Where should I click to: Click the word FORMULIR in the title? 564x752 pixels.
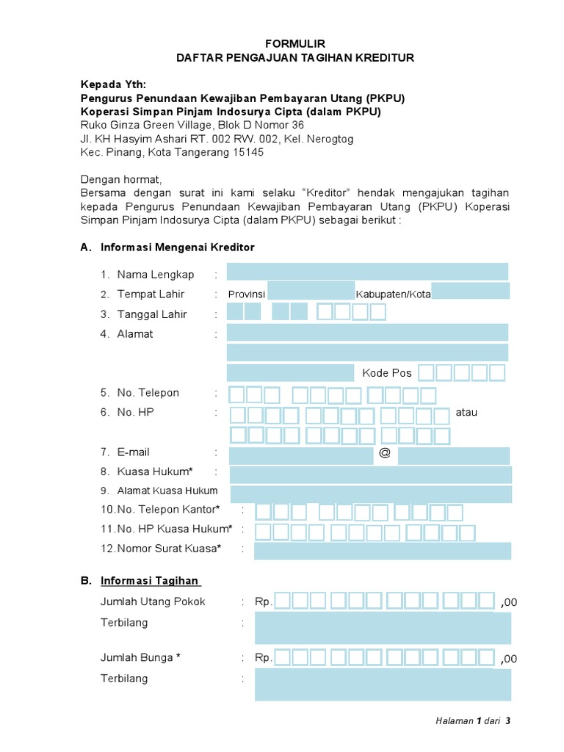click(x=294, y=43)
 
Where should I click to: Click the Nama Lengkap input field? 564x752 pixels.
click(x=367, y=272)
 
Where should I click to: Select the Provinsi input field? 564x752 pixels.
click(x=311, y=291)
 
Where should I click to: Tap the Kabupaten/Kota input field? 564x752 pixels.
click(x=470, y=291)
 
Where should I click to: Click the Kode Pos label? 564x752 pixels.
click(x=387, y=373)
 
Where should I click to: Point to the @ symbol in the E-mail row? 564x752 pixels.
click(x=384, y=452)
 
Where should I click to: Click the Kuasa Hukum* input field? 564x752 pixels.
click(x=371, y=474)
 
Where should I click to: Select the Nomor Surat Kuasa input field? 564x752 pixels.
click(x=383, y=551)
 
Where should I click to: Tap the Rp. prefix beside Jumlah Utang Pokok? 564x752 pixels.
click(x=264, y=601)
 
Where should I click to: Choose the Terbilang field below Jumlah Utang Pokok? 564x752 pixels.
click(x=383, y=629)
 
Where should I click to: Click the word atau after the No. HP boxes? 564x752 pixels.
click(x=466, y=412)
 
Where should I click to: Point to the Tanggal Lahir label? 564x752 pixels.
click(x=152, y=314)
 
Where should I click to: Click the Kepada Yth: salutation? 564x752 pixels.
click(x=113, y=84)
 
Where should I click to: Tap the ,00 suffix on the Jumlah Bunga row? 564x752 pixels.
click(x=508, y=659)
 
